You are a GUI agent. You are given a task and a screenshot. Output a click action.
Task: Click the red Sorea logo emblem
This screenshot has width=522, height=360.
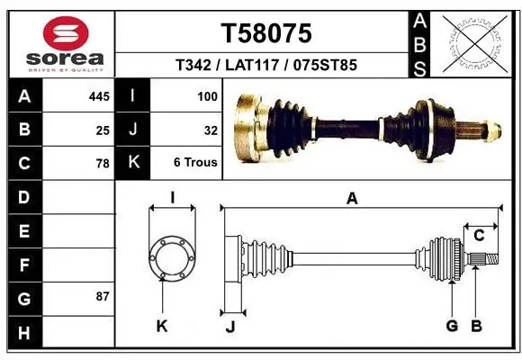point(66,33)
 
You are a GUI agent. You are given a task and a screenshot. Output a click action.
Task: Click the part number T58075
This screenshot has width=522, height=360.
point(266,33)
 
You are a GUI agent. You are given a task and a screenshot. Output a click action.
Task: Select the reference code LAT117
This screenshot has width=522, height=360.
point(252,65)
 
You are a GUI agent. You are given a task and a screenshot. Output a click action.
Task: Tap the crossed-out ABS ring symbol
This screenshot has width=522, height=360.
point(475,43)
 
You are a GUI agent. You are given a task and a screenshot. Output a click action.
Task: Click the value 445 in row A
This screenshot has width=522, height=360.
point(99,96)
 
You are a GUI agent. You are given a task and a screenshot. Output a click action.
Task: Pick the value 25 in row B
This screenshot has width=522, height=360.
point(103,130)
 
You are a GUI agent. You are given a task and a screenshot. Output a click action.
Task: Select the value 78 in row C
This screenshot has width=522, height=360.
point(103,164)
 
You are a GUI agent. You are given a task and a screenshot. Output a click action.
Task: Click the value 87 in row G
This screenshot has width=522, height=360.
point(103,296)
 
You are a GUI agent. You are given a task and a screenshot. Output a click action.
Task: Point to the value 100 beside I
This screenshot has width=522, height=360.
point(207,96)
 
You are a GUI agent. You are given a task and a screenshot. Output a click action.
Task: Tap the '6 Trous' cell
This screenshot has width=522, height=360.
point(195,162)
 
